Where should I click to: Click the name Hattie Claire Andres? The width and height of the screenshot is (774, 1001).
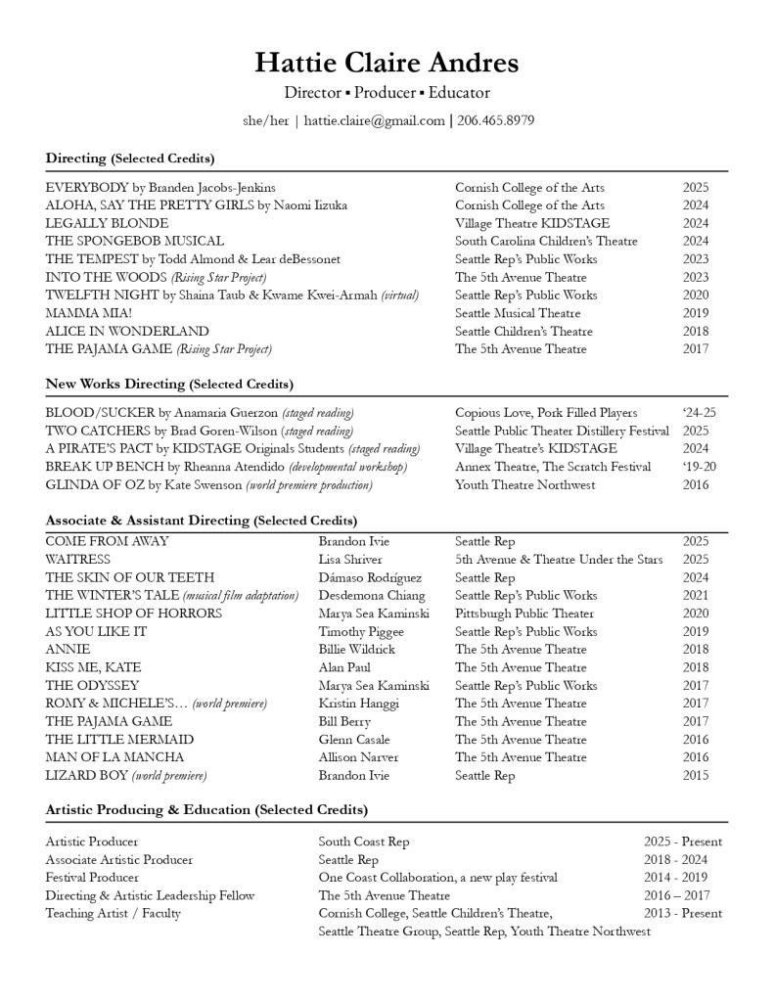click(x=387, y=64)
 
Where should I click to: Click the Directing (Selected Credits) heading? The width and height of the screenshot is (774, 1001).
click(x=130, y=158)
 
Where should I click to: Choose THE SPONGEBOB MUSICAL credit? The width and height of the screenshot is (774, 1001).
click(x=135, y=241)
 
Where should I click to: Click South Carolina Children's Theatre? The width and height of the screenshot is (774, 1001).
click(x=546, y=241)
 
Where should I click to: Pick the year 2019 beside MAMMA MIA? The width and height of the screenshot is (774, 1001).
click(x=696, y=313)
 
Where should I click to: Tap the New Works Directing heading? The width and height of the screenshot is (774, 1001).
click(x=169, y=384)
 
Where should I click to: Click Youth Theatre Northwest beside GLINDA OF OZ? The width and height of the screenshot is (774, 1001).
click(x=524, y=485)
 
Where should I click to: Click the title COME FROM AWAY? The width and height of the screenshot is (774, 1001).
click(x=107, y=541)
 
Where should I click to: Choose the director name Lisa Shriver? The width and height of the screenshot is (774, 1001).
click(x=351, y=560)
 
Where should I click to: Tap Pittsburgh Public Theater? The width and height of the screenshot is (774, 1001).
click(x=524, y=614)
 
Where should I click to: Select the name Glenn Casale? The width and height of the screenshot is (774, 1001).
click(x=354, y=740)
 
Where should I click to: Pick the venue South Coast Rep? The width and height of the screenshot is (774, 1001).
click(x=364, y=842)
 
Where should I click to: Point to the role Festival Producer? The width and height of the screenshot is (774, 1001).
click(x=92, y=878)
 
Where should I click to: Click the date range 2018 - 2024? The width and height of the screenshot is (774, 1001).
click(x=683, y=860)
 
